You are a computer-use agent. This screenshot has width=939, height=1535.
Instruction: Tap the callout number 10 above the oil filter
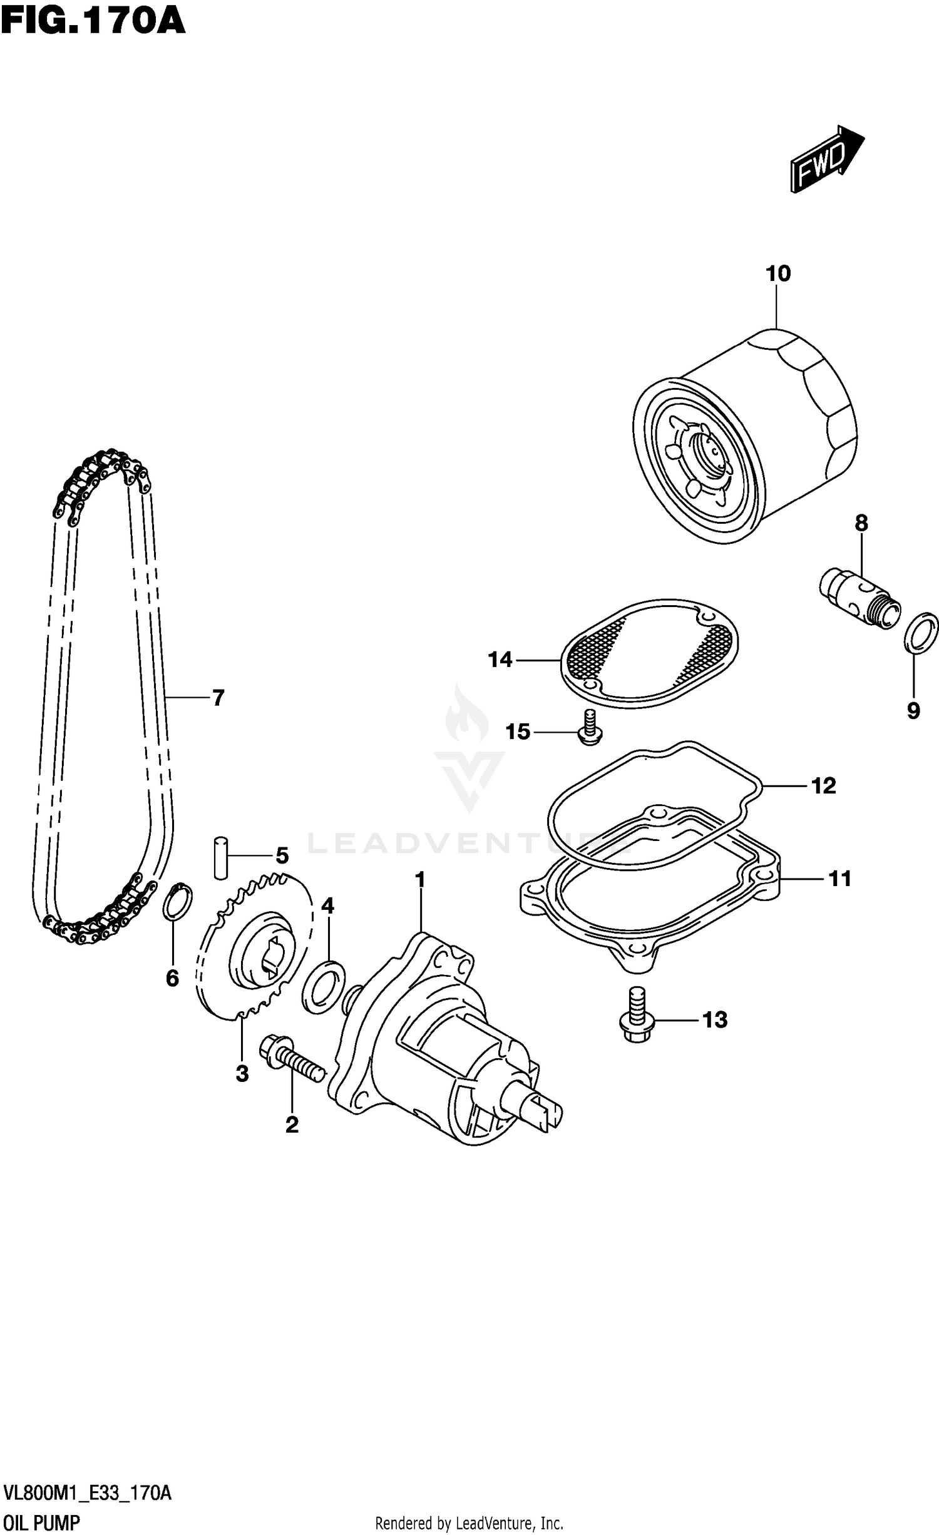[x=778, y=274]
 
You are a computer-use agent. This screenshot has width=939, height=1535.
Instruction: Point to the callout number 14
[x=500, y=660]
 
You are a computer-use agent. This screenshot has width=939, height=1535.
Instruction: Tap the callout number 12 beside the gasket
[x=823, y=786]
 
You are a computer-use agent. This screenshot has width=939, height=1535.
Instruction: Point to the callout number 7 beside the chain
[x=218, y=698]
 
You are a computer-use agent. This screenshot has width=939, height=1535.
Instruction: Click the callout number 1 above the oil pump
[x=420, y=880]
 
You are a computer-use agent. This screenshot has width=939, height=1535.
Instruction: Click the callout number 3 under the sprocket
[x=242, y=1074]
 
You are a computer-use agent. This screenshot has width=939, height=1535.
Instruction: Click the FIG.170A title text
[x=93, y=20]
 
